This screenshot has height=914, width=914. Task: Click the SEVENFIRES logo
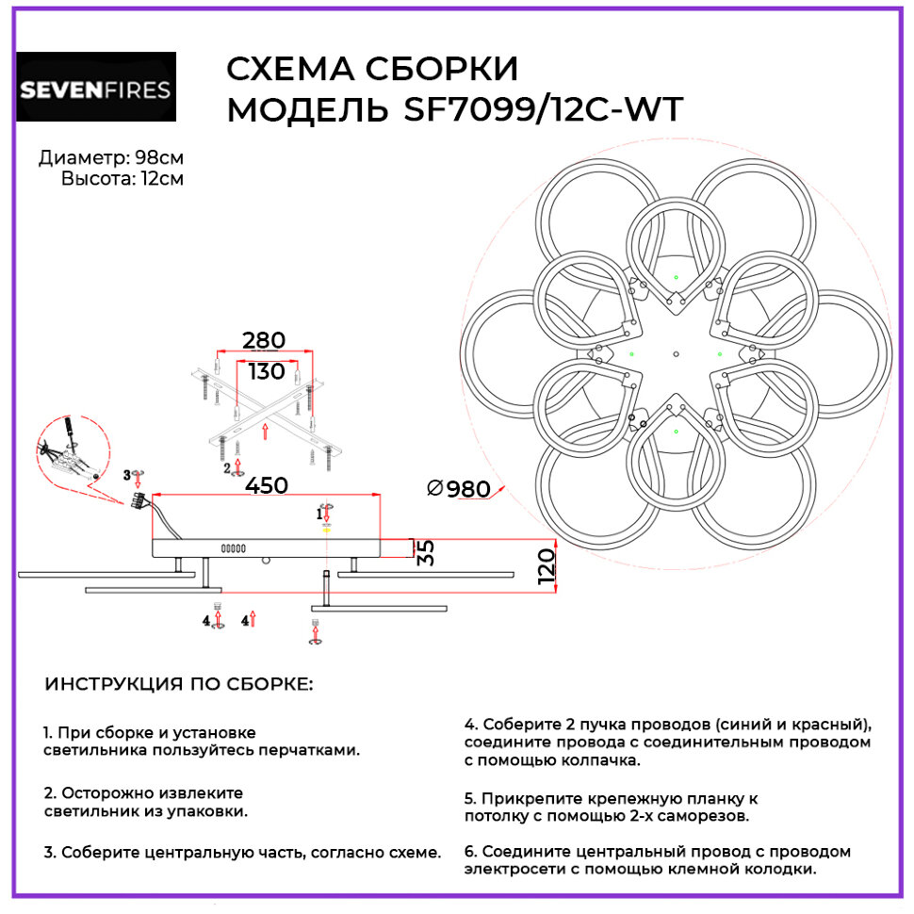96,88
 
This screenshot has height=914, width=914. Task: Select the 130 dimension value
266,371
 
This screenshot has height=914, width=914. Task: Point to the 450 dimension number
266,485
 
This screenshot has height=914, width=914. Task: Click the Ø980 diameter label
459,489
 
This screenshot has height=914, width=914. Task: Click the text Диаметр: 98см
111,157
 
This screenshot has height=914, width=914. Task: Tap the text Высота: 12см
122,178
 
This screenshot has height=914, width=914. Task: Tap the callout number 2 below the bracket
227,467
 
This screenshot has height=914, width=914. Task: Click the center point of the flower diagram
676,354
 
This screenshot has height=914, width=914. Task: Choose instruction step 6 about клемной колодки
657,859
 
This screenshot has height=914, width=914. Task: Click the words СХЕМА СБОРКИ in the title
373,71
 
